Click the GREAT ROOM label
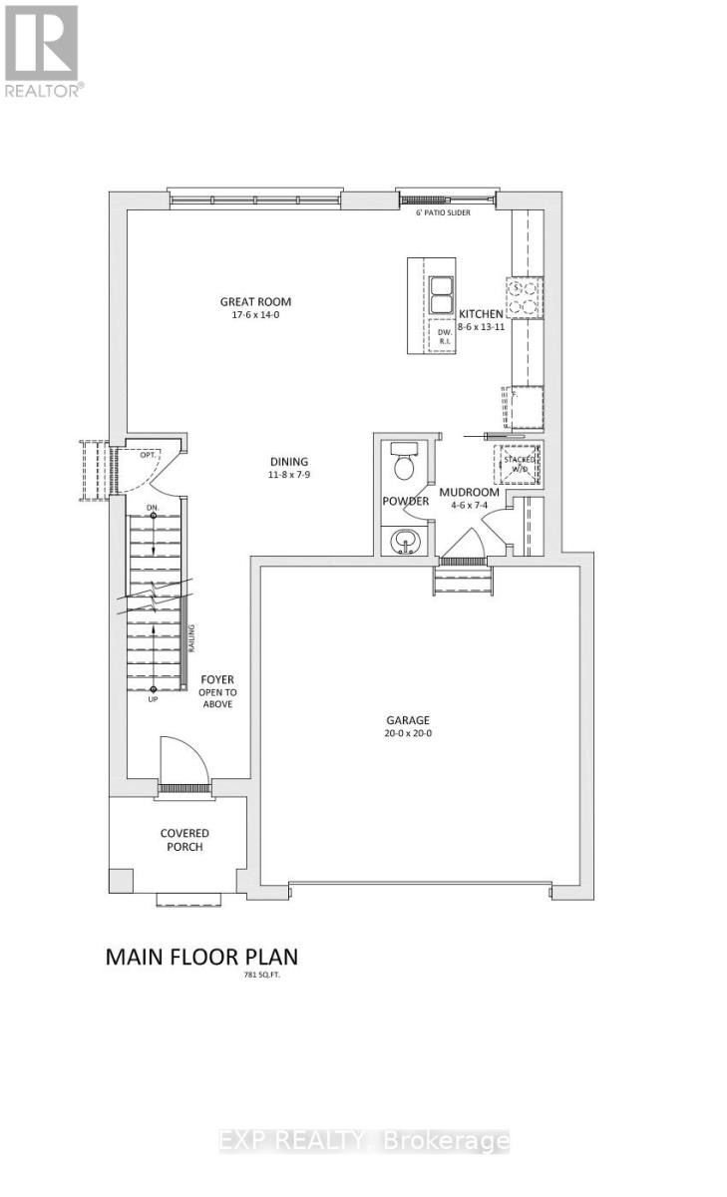[x=256, y=302]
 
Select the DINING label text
[x=288, y=462]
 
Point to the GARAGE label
[x=408, y=719]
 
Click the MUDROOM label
[x=469, y=492]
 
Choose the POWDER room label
[x=405, y=501]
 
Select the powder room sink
[x=404, y=540]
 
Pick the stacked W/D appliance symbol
[x=519, y=462]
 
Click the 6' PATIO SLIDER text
[x=443, y=212]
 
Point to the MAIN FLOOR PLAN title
[x=201, y=957]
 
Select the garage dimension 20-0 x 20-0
[x=408, y=733]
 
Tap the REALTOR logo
[x=43, y=49]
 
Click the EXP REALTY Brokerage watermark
[x=364, y=1141]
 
